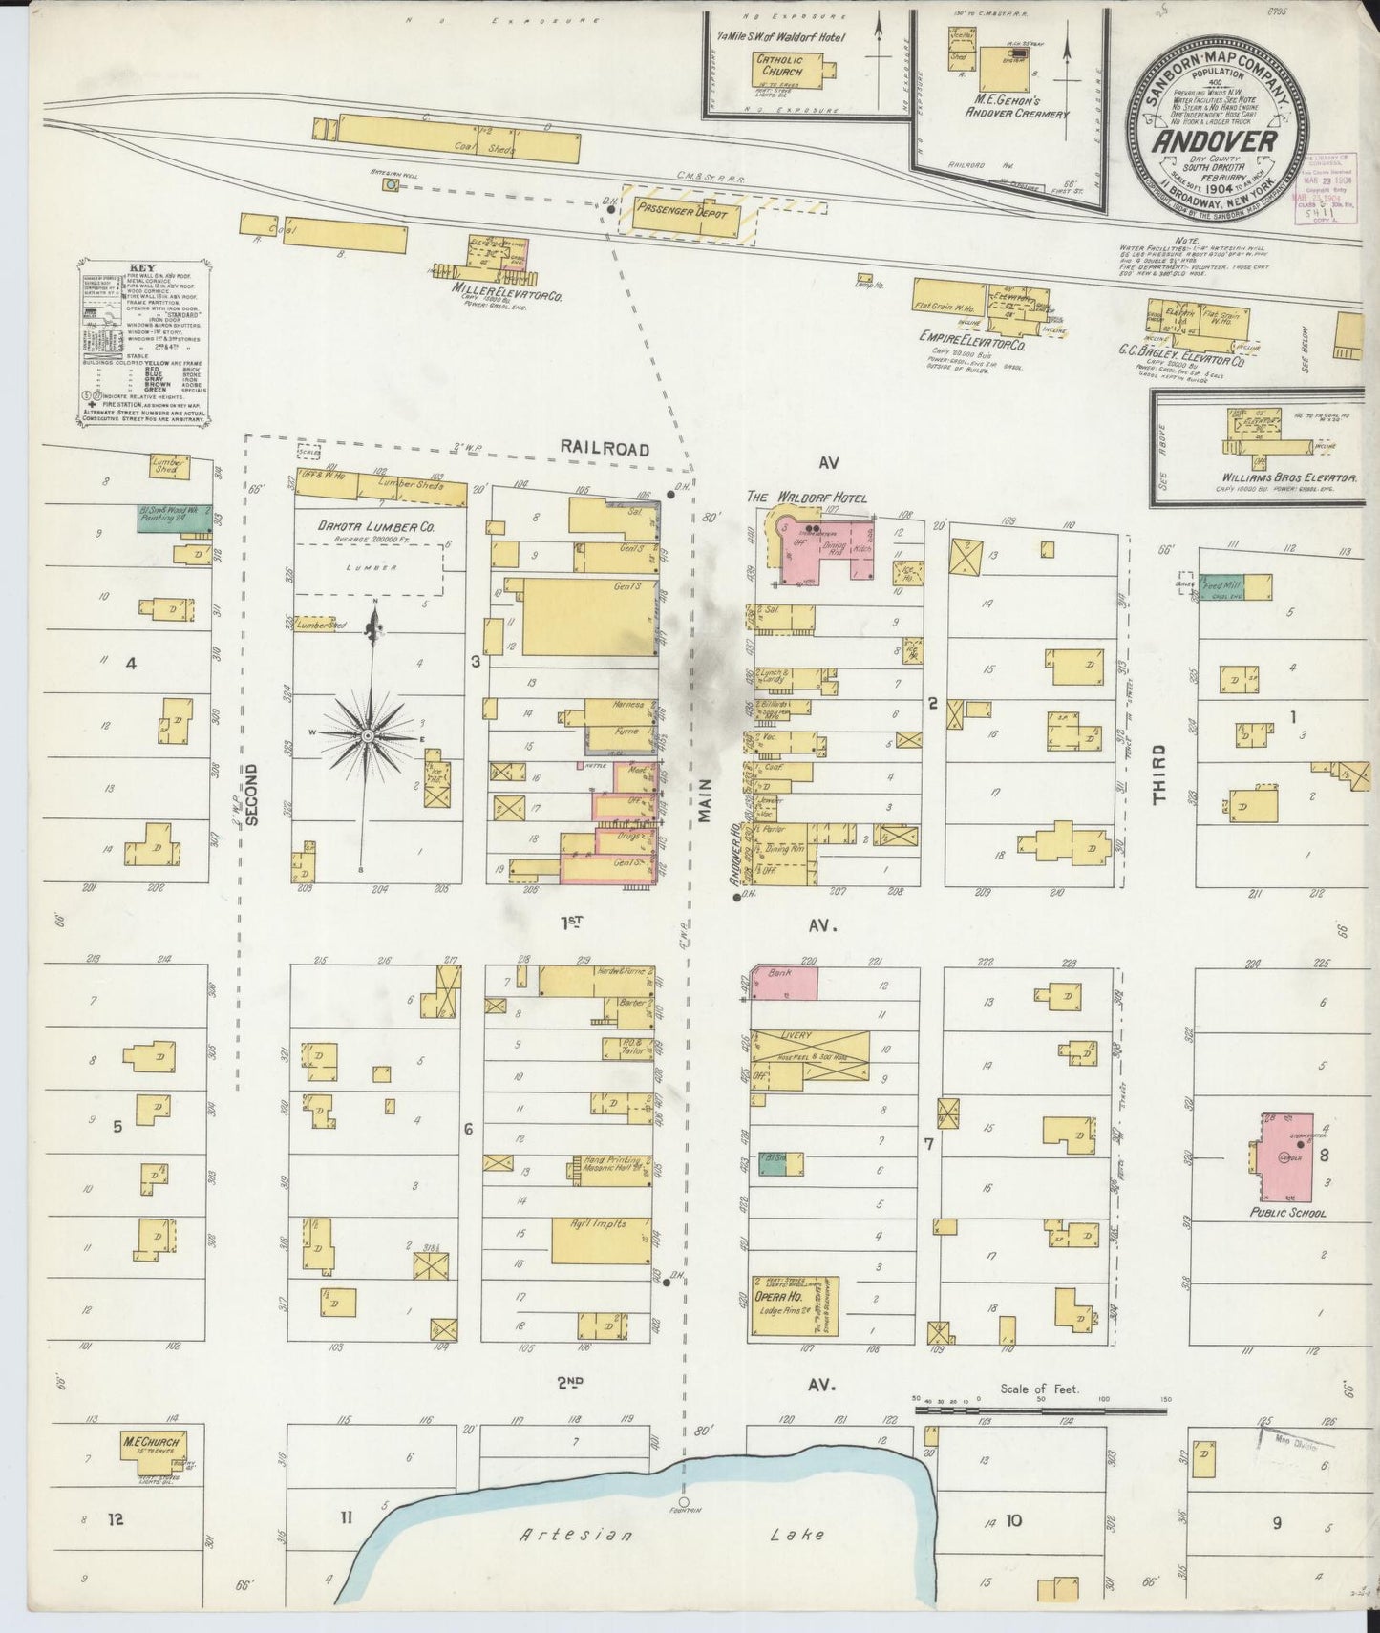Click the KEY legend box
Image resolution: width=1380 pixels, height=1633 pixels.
click(x=146, y=341)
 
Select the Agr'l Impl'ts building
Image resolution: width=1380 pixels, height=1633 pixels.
click(x=601, y=1239)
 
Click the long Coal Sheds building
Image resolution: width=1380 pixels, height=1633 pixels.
click(x=458, y=139)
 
